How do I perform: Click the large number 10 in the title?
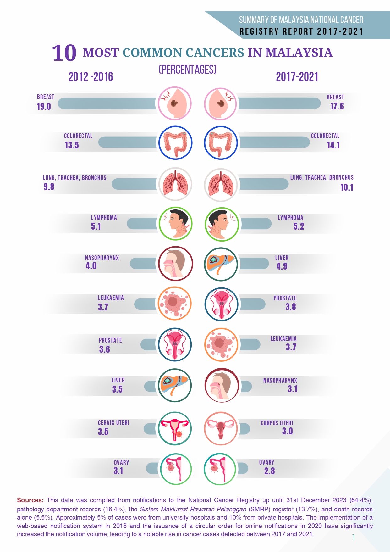[64, 53]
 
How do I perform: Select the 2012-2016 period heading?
[91, 77]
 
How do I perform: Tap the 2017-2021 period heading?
[297, 77]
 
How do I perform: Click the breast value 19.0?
[44, 107]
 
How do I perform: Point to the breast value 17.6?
[337, 106]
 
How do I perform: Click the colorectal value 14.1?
[333, 145]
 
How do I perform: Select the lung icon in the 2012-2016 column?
[175, 184]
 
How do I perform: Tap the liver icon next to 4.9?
[221, 264]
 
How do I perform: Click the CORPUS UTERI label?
[277, 423]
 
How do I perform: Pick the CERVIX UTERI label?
[113, 423]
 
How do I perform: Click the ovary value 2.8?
[269, 471]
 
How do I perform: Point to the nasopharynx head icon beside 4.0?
[175, 263]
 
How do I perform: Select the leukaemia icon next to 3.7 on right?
[221, 344]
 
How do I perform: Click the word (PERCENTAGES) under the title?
[188, 70]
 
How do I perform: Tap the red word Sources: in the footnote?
[30, 500]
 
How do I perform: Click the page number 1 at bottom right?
[354, 537]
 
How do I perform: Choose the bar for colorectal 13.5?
[127, 142]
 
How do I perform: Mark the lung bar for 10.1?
[263, 184]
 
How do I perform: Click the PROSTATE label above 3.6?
[110, 340]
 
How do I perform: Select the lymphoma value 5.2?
[299, 226]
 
